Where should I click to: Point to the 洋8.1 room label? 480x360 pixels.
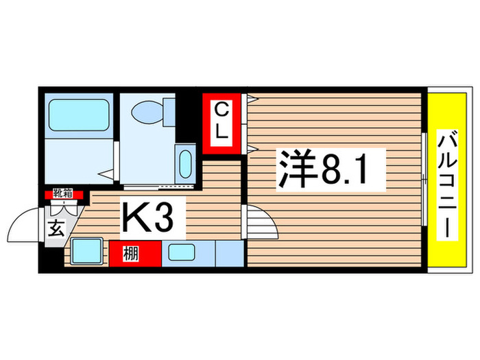[326, 169]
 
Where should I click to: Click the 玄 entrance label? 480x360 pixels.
[57, 229]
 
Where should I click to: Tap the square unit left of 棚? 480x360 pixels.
[87, 252]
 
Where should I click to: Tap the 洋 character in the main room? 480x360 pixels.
[294, 169]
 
